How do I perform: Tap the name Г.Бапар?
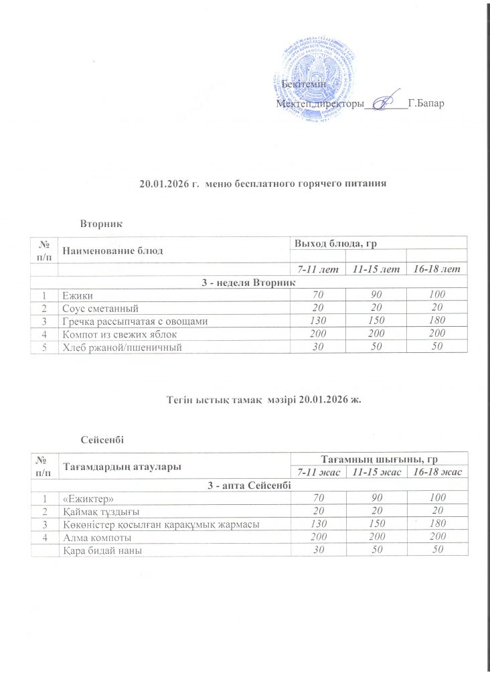426,104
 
